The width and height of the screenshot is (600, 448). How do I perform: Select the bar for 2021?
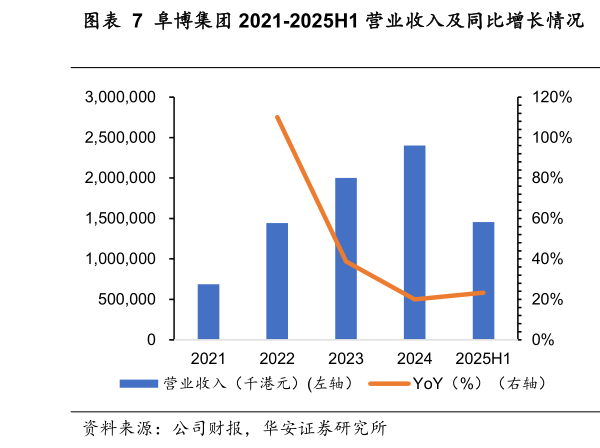[x=208, y=312]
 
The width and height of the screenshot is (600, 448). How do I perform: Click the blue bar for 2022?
[x=277, y=281]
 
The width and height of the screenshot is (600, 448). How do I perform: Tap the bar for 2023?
[x=346, y=259]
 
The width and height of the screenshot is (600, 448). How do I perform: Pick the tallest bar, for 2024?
[x=414, y=243]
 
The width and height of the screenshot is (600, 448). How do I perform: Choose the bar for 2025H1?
[x=483, y=281]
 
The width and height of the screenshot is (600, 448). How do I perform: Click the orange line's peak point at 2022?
[x=277, y=117]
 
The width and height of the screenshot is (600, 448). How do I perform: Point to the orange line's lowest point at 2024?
[x=414, y=299]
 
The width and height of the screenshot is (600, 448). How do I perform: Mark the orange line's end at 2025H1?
[x=483, y=293]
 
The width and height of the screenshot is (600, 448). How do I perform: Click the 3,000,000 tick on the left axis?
[x=120, y=97]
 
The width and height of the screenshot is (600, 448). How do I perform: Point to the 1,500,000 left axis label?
[x=120, y=218]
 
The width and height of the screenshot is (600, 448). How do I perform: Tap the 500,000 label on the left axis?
[x=129, y=299]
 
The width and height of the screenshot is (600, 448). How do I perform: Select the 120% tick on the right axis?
[x=548, y=97]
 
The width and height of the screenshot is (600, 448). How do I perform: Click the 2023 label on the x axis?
[x=346, y=359]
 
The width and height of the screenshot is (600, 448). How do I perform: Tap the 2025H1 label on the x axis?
[x=483, y=359]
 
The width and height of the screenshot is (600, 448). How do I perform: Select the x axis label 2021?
[x=208, y=359]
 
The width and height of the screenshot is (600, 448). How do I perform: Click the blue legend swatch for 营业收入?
[x=137, y=383]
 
